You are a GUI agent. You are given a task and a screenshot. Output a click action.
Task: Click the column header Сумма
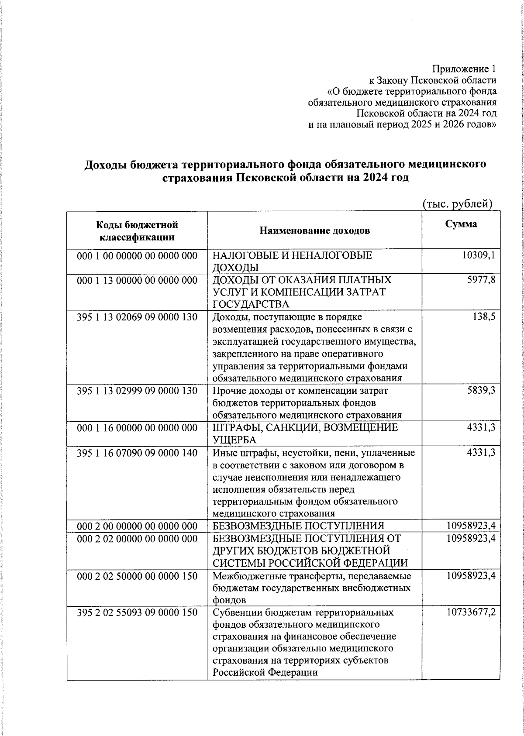point(461,224)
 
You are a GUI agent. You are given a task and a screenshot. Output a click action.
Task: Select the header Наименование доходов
point(314,230)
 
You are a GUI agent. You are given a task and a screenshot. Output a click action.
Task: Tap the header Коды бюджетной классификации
point(137,231)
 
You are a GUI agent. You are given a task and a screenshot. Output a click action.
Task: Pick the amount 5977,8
point(481,280)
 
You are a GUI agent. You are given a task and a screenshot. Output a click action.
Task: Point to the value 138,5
point(483,317)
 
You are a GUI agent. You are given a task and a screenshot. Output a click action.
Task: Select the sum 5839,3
point(481,390)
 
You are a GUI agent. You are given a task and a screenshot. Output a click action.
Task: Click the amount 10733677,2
point(471,612)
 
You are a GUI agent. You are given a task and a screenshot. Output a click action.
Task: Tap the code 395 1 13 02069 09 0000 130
point(137,317)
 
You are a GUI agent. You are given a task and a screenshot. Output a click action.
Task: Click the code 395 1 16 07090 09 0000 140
point(137,453)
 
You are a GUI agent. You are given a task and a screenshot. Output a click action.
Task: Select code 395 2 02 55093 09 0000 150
point(137,612)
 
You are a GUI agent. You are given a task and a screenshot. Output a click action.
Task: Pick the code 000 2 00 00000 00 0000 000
point(137,526)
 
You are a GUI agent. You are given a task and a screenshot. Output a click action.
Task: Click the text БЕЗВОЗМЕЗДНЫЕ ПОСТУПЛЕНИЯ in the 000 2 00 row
point(298,526)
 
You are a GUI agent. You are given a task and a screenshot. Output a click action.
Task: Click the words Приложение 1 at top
point(464,69)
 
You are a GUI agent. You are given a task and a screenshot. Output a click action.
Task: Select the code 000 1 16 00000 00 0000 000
point(137,428)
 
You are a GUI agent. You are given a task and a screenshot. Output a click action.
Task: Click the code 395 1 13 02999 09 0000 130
point(137,390)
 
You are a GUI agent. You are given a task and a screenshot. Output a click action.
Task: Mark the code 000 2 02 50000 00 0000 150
point(137,576)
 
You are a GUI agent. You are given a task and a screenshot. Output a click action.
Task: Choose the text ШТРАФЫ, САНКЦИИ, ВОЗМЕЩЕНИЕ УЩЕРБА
point(305,433)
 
